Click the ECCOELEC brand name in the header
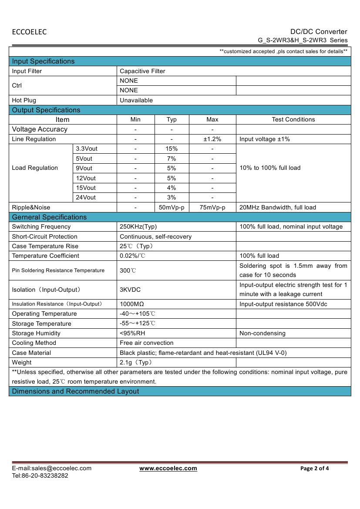pos(29,32)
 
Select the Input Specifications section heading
pos(43,61)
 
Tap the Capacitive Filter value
pos(142,71)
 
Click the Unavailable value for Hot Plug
pos(136,100)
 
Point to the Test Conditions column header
pos(293,119)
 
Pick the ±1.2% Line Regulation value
pos(212,139)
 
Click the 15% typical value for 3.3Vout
pos(171,148)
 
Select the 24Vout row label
pos(86,197)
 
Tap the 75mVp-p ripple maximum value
pos(212,207)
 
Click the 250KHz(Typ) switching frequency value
pos(138,226)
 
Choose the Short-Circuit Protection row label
pos(44,236)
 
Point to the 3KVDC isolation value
pos(130,290)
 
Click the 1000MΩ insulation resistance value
pos(132,304)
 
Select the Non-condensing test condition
pos(262,333)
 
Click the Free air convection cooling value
pos(146,343)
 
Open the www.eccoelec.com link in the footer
pos(168,468)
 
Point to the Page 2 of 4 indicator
pos(314,469)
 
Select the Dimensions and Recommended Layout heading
pos(75,391)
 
